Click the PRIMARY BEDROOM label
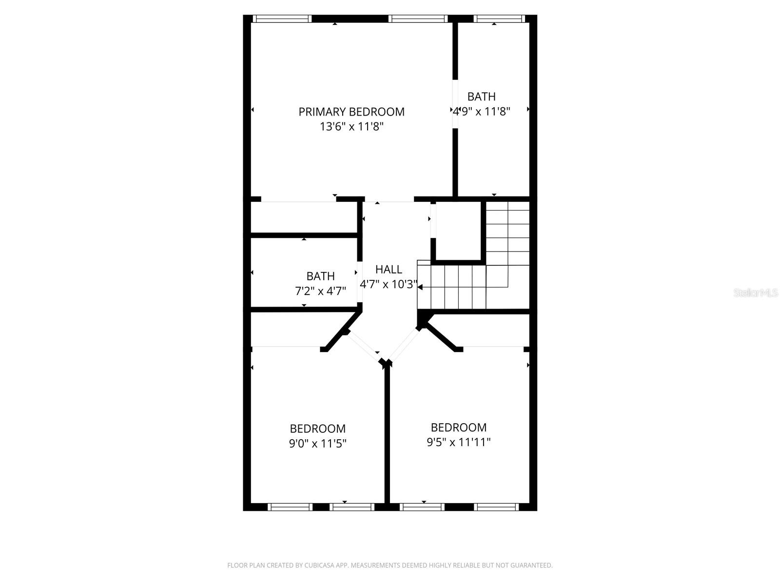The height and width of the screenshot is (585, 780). (351, 112)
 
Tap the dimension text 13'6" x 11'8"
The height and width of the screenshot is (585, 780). (351, 127)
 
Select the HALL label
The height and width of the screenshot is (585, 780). (389, 269)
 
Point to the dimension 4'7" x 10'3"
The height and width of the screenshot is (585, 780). (389, 284)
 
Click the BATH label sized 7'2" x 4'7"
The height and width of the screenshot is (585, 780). (320, 276)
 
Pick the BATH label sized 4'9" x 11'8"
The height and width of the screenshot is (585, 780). (481, 97)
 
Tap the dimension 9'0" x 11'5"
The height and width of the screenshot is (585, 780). (317, 444)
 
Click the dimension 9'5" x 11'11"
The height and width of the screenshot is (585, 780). (458, 442)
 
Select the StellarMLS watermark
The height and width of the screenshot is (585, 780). (755, 292)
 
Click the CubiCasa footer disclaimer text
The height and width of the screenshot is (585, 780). (390, 565)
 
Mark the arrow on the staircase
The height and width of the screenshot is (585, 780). (420, 287)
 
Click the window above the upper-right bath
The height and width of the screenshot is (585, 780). (499, 19)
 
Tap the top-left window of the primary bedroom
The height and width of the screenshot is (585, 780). (282, 19)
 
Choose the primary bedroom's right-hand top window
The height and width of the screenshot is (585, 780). (418, 19)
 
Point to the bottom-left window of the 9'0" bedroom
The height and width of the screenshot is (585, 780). (290, 507)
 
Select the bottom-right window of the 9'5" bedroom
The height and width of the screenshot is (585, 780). (496, 507)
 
